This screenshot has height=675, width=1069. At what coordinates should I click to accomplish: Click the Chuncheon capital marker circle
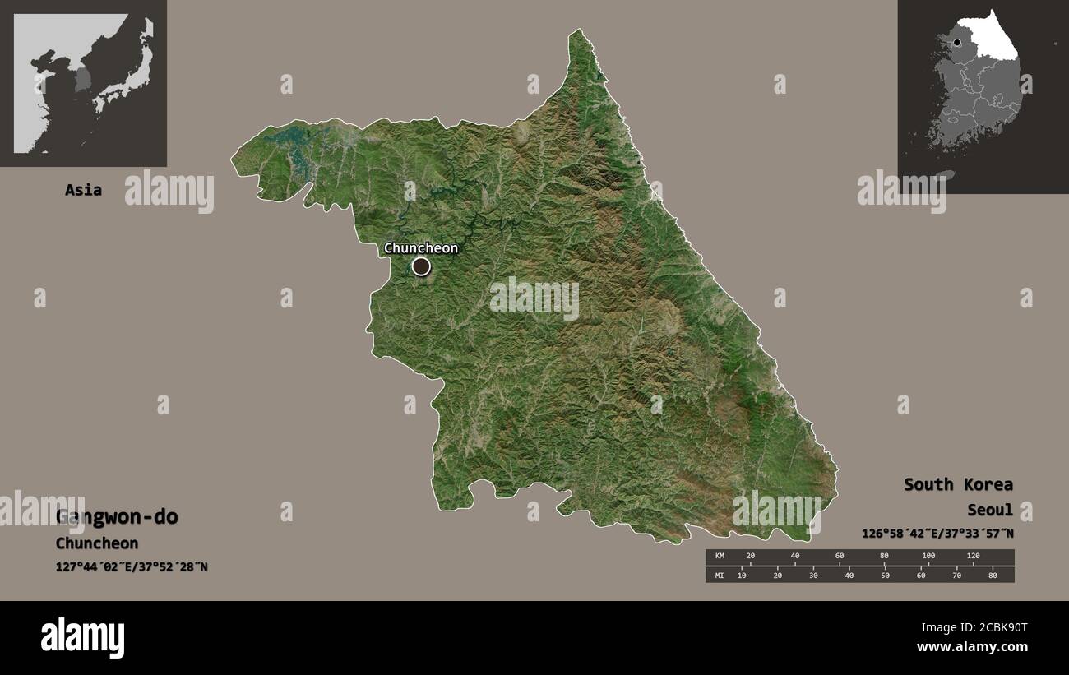(x=421, y=266)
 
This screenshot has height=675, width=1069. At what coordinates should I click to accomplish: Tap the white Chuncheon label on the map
(x=421, y=247)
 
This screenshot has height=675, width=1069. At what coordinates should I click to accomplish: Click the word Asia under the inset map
(x=83, y=190)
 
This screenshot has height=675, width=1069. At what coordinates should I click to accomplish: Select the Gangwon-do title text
(x=117, y=517)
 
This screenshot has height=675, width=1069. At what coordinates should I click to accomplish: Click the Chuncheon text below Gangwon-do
(x=97, y=543)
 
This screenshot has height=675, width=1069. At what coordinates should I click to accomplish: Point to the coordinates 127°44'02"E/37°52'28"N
(x=132, y=566)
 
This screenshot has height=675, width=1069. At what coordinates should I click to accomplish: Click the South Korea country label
(x=958, y=484)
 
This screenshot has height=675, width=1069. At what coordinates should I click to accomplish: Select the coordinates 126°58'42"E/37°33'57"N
(x=937, y=534)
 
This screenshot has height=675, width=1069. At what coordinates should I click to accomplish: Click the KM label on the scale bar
(x=719, y=557)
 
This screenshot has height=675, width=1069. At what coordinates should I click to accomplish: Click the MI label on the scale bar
(x=719, y=575)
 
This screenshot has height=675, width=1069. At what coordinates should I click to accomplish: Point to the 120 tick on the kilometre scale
(x=973, y=557)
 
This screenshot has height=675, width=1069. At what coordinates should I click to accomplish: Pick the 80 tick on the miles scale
(x=993, y=575)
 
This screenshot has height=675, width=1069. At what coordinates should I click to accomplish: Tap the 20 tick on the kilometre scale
(x=750, y=557)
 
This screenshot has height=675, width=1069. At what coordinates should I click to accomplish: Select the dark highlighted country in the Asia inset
(x=83, y=80)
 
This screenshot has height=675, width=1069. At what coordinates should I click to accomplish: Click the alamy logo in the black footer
(x=82, y=637)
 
